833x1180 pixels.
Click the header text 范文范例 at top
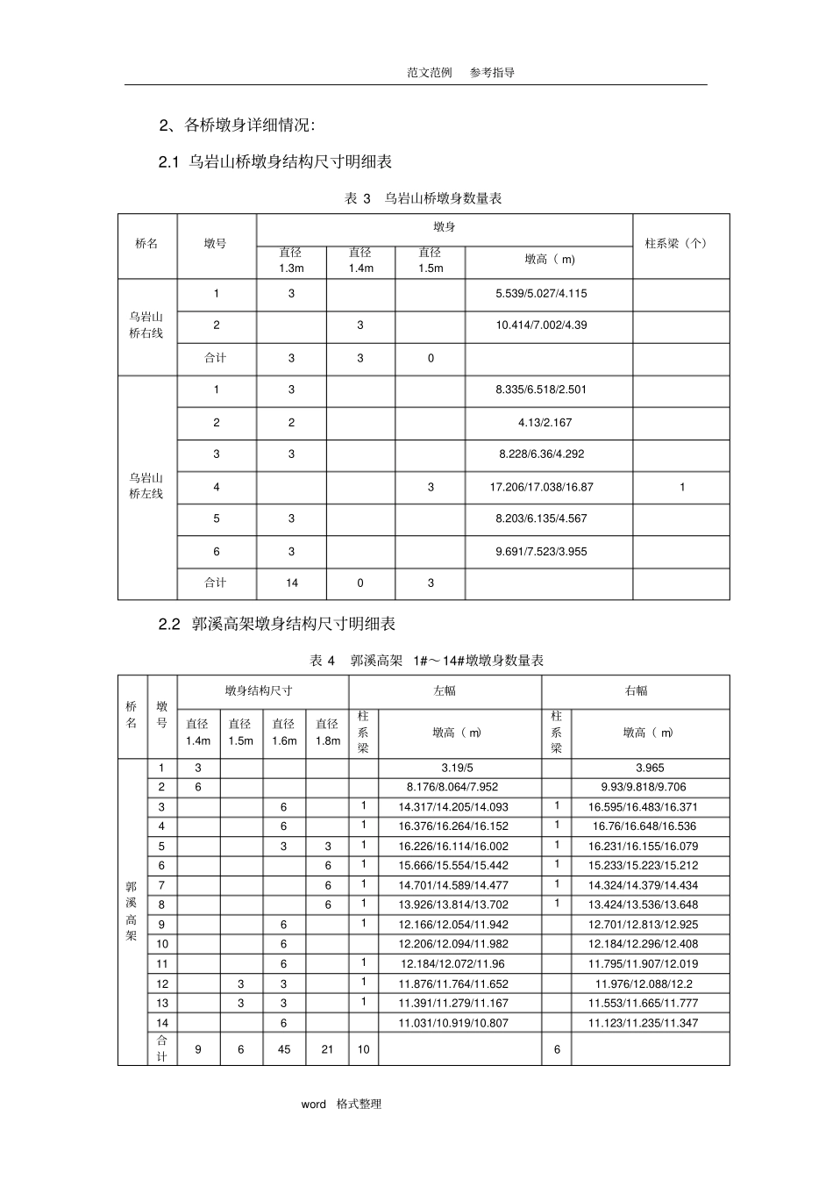(429, 73)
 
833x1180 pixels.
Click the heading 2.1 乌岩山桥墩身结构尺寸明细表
(275, 161)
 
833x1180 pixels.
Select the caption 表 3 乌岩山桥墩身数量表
(424, 199)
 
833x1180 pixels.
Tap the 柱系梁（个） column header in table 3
(680, 243)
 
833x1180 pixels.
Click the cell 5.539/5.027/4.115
(541, 294)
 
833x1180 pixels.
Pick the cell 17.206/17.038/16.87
(541, 487)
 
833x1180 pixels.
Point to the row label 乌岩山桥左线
(146, 486)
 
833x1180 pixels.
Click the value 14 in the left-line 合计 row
(291, 583)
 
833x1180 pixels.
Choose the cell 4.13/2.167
(545, 423)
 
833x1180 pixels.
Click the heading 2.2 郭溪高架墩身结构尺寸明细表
(277, 624)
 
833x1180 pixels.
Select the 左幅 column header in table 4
(445, 691)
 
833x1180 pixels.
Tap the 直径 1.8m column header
(327, 733)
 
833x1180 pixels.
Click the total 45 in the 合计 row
(284, 1049)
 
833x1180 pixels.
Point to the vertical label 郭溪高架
(132, 911)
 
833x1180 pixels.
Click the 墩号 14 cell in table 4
(161, 1023)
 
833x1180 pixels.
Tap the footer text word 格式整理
(341, 1105)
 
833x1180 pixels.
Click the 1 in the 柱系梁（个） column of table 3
(682, 487)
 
